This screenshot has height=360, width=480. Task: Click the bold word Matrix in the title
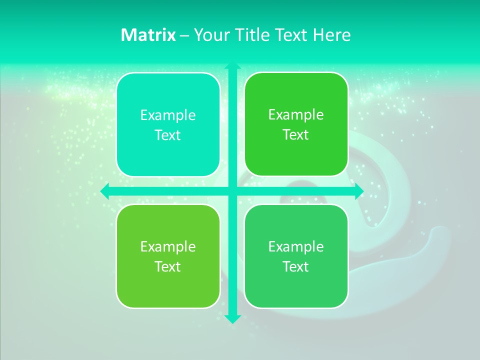148,35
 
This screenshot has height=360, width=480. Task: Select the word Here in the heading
332,35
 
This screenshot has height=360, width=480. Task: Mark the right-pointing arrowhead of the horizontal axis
358,191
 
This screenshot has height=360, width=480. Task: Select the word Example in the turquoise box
168,115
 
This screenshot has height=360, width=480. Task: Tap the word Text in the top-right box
296,135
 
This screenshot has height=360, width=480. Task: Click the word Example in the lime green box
168,246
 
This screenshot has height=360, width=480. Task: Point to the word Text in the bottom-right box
296,266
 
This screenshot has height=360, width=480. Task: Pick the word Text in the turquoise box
168,135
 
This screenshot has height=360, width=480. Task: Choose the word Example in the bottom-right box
296,246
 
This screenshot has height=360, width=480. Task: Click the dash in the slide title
184,35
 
